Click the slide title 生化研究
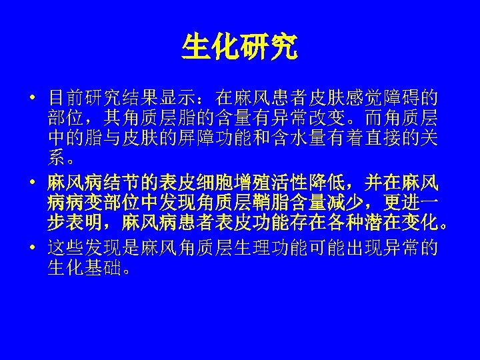pyautogui.click(x=240, y=47)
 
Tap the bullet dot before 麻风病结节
pyautogui.click(x=31, y=181)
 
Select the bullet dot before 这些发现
pyautogui.click(x=31, y=248)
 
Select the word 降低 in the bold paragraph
pyautogui.click(x=327, y=181)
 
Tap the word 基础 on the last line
pyautogui.click(x=103, y=269)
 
